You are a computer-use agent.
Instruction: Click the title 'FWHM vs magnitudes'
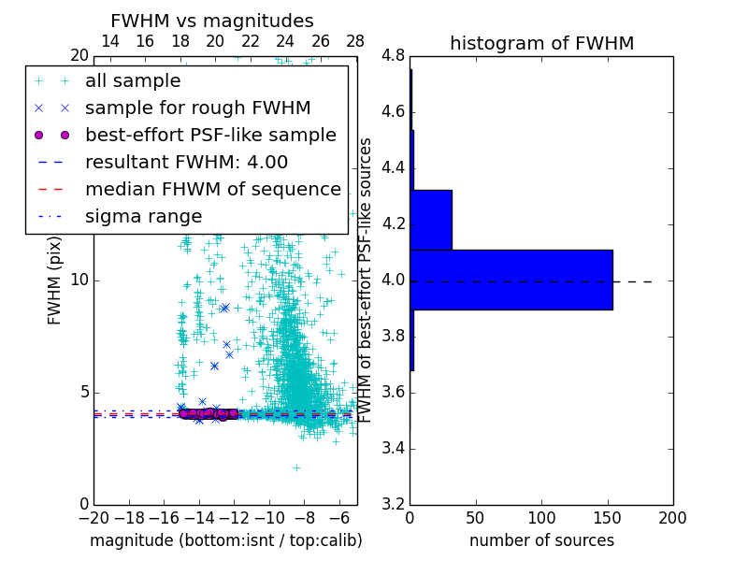(x=212, y=21)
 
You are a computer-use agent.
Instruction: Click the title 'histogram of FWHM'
(x=541, y=43)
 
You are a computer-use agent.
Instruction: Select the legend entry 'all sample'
(x=133, y=81)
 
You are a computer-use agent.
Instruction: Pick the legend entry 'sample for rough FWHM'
(x=197, y=108)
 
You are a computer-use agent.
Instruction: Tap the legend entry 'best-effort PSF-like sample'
(x=210, y=135)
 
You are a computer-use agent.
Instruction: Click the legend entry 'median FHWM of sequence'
(x=212, y=189)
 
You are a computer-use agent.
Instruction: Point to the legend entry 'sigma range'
(x=143, y=216)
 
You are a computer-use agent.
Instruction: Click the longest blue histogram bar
(x=511, y=280)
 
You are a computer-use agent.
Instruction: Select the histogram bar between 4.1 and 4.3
(x=431, y=220)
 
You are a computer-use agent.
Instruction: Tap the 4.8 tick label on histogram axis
(x=393, y=56)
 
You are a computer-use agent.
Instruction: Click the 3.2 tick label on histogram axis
(x=393, y=504)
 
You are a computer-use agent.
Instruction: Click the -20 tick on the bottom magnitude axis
(x=93, y=518)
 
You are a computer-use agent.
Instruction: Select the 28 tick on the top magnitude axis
(x=355, y=41)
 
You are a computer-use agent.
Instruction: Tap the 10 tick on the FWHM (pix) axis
(x=79, y=280)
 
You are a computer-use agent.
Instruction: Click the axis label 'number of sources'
(x=541, y=540)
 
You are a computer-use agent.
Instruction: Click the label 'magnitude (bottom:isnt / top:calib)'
(x=225, y=540)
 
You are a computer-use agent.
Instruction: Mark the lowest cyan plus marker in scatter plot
(x=296, y=467)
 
